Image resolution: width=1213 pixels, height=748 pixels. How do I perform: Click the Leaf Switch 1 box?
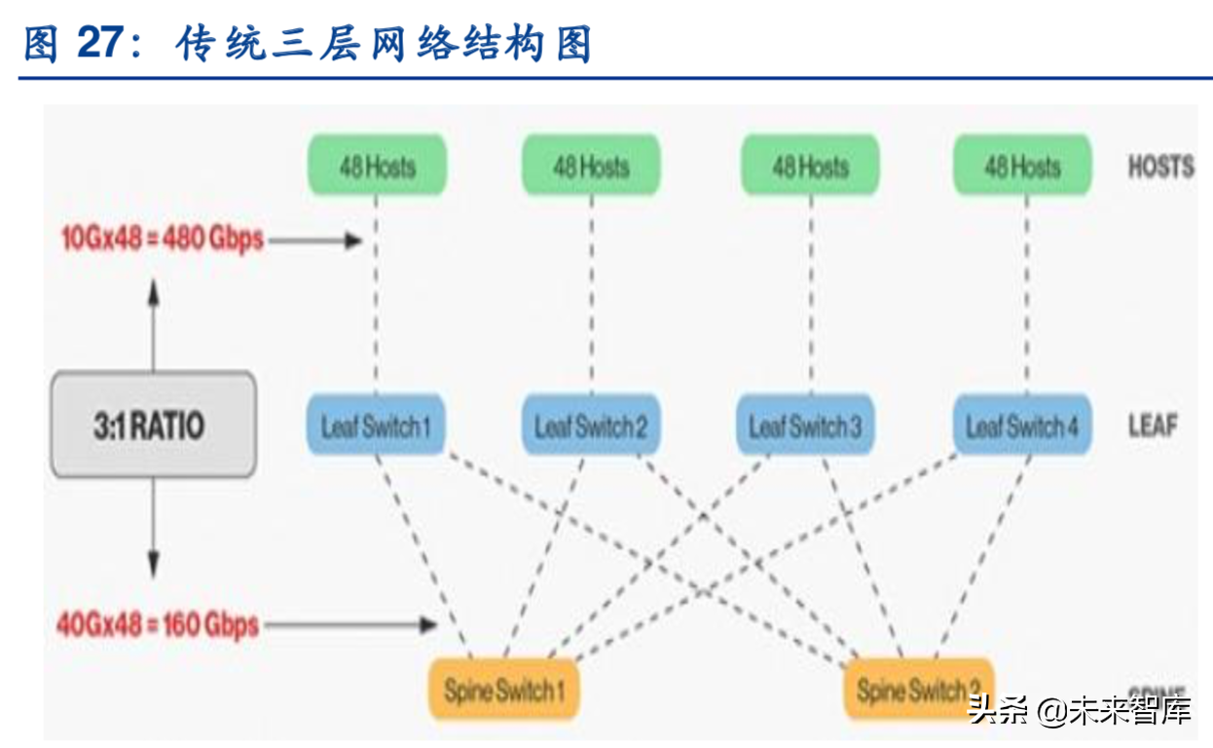(x=376, y=425)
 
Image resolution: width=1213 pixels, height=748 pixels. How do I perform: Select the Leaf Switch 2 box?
(x=591, y=425)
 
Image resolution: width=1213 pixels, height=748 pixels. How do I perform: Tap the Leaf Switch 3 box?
(x=805, y=425)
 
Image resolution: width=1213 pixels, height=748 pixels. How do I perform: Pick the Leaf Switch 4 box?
(x=1022, y=425)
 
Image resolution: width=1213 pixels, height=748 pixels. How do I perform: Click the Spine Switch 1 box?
(x=503, y=691)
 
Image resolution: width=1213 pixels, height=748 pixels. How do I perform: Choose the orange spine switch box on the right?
(x=919, y=691)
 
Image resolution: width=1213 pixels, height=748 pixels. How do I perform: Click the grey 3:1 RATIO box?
(x=153, y=425)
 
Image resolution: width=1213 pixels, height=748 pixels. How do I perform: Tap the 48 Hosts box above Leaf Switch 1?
(x=378, y=166)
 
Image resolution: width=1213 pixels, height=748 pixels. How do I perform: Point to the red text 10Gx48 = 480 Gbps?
(x=163, y=239)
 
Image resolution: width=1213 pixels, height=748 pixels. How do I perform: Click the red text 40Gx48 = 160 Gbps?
(x=158, y=624)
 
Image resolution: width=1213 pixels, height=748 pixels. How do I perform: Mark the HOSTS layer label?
(x=1160, y=167)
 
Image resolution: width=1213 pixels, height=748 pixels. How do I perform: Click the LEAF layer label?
(x=1153, y=426)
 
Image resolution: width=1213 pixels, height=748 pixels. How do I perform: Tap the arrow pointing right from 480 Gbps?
(x=313, y=240)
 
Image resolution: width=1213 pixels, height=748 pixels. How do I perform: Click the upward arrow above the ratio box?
(x=153, y=321)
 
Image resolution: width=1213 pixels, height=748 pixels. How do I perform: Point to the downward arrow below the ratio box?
(x=153, y=526)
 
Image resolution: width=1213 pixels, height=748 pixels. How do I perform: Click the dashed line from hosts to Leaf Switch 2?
(x=591, y=292)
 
